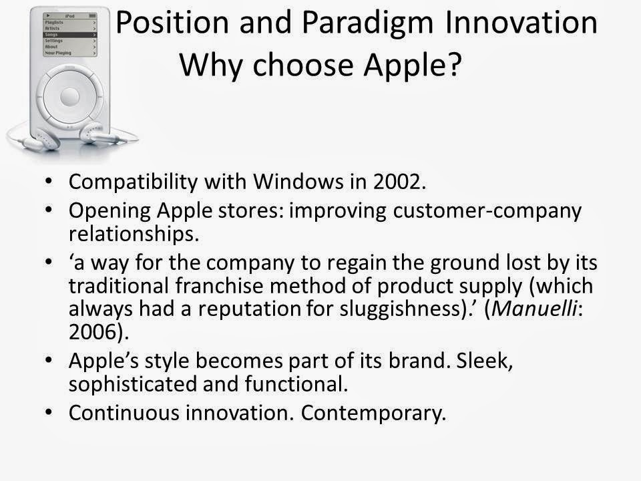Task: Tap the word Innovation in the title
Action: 521,22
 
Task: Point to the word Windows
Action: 298,181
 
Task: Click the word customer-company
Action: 487,212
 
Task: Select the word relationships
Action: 134,234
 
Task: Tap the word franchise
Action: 219,285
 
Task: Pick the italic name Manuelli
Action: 534,309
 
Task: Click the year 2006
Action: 93,332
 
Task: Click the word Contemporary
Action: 373,414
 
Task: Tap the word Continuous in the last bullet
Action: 124,413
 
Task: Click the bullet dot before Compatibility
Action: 49,181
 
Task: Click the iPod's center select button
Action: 70,97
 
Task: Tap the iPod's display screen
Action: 70,34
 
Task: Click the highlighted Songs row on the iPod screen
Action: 70,35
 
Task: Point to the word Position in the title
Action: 172,22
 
